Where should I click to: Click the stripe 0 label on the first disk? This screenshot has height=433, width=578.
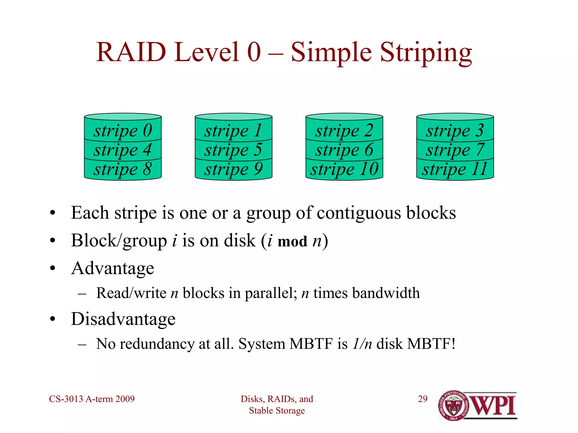[x=123, y=131]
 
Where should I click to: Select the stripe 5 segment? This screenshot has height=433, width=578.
[x=233, y=150]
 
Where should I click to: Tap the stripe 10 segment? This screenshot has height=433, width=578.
[x=344, y=169]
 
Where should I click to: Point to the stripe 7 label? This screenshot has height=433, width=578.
[x=455, y=150]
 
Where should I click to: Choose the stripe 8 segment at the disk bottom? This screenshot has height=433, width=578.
[x=123, y=169]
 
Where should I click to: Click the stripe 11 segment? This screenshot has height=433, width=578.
[x=455, y=169]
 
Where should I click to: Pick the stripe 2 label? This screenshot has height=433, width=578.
[x=344, y=131]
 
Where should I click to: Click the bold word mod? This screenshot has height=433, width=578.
[x=292, y=242]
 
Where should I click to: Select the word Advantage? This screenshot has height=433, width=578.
[x=113, y=268]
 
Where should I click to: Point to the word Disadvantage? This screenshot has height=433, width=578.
[x=123, y=319]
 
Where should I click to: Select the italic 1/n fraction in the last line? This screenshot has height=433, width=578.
[x=362, y=344]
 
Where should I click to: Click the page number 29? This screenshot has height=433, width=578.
[x=422, y=399]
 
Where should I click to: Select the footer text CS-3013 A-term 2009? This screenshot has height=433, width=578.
[x=92, y=399]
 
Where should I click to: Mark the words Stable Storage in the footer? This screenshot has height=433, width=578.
[x=277, y=411]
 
